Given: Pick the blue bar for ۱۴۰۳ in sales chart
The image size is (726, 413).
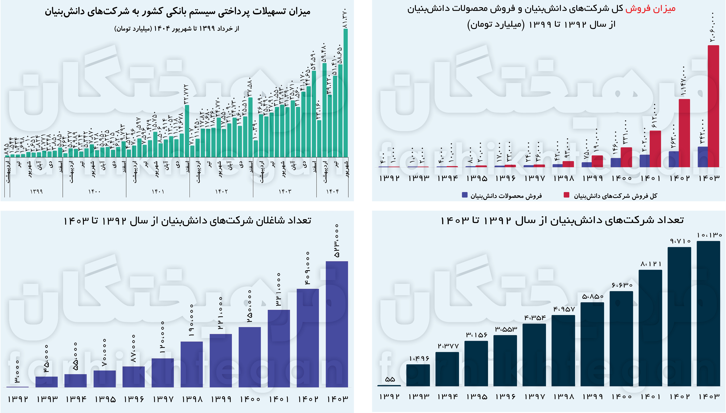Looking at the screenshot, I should [703, 157].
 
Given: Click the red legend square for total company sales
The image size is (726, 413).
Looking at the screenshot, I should [566, 195].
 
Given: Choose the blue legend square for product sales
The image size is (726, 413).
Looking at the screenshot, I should [464, 195].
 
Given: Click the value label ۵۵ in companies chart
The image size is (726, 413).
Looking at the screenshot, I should [390, 379].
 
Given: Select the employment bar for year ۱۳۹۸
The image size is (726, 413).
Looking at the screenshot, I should [192, 364].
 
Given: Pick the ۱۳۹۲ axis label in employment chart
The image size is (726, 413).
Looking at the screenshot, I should [18, 399].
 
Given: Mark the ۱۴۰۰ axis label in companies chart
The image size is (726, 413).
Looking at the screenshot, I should [621, 397].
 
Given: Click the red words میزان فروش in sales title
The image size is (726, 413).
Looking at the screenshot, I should [650, 9].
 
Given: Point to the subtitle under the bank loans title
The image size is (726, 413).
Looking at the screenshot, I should [177, 29].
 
